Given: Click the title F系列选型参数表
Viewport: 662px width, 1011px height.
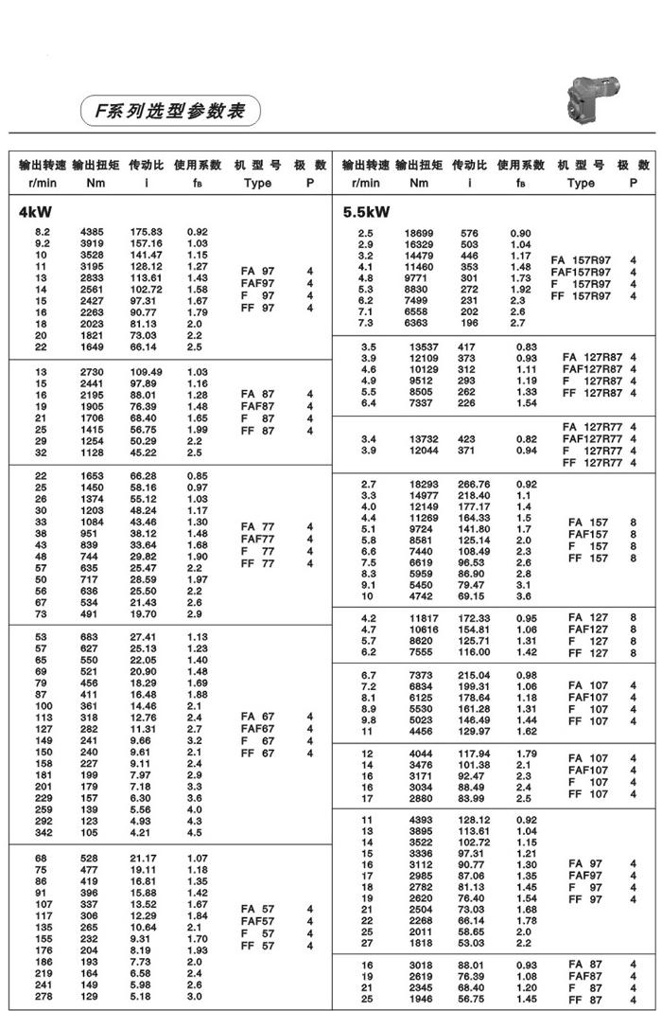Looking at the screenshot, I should (168, 111).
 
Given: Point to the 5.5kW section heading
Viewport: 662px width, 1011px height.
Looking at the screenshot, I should (366, 212).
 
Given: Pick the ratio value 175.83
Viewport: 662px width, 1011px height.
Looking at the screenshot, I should (146, 232).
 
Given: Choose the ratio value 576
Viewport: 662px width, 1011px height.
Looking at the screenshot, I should (469, 233).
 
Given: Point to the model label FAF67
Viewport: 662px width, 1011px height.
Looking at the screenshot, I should (257, 729).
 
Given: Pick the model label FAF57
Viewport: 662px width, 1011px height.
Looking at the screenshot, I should (257, 921).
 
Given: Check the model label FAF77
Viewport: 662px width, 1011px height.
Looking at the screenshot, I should (257, 539).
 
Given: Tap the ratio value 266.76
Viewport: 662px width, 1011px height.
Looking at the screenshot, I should (474, 484).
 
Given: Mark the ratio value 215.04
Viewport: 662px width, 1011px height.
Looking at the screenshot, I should (474, 674).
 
